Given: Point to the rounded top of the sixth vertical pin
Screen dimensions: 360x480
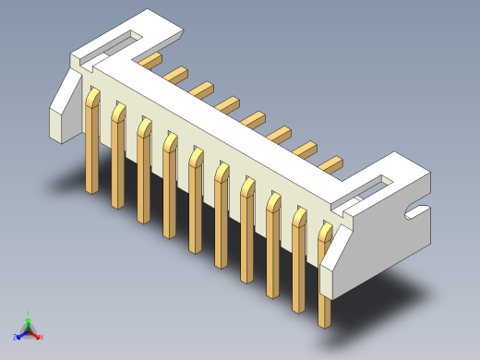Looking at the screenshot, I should point(222,170).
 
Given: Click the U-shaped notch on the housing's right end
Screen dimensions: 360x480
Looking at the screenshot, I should point(416,214).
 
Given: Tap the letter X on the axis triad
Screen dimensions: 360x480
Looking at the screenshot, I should point(42,337).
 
